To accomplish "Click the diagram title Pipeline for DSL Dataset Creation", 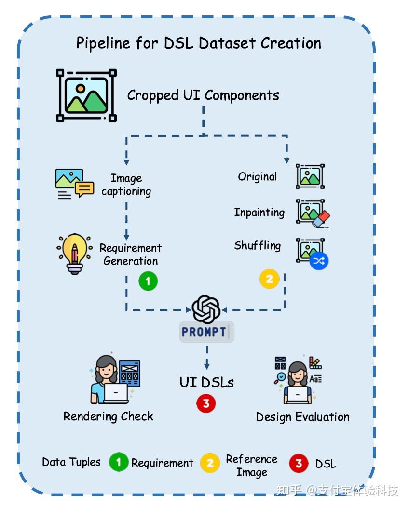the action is [x=199, y=43].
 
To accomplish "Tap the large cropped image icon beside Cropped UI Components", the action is [x=86, y=95].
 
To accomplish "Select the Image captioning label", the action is [x=126, y=184].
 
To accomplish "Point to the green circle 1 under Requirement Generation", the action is [x=148, y=281].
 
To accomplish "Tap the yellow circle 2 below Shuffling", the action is [x=269, y=279].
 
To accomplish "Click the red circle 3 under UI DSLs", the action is [x=206, y=403].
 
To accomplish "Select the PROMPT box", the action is [x=206, y=332].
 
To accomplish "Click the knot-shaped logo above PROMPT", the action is [x=206, y=309].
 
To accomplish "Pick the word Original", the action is [x=258, y=177].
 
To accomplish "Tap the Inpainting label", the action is [x=259, y=213].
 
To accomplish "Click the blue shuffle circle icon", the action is [x=319, y=261].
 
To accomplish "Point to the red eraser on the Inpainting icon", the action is [x=321, y=219].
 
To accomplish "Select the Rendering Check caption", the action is [x=109, y=416].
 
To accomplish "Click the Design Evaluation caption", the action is [x=302, y=417].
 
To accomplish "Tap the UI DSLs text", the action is [x=206, y=382].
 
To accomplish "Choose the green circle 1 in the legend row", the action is [x=119, y=462].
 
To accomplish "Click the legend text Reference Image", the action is [x=252, y=466].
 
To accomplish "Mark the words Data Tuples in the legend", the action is [x=71, y=462].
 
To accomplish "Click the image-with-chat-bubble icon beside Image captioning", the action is [x=75, y=184].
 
